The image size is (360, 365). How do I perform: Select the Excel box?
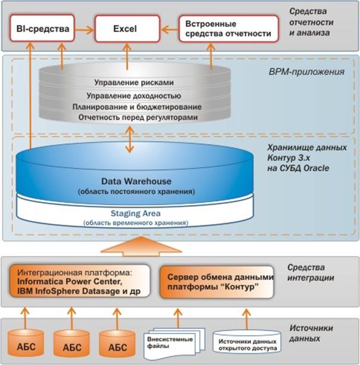click(126, 28)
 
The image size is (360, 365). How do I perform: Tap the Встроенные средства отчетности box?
click(228, 28)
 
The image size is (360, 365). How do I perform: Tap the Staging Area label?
click(136, 213)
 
